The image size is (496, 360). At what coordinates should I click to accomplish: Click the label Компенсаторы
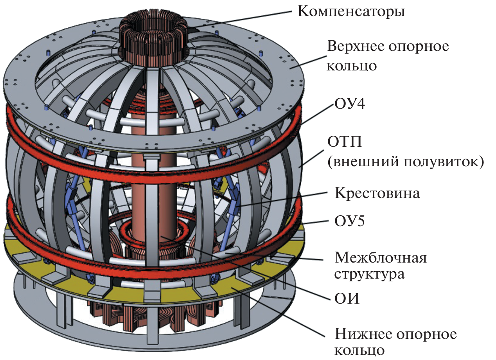point(351,11)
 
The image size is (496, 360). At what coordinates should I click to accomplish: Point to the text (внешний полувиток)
point(405,161)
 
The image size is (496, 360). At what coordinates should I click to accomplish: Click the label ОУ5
point(350,222)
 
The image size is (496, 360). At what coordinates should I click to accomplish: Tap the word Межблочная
point(380,258)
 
